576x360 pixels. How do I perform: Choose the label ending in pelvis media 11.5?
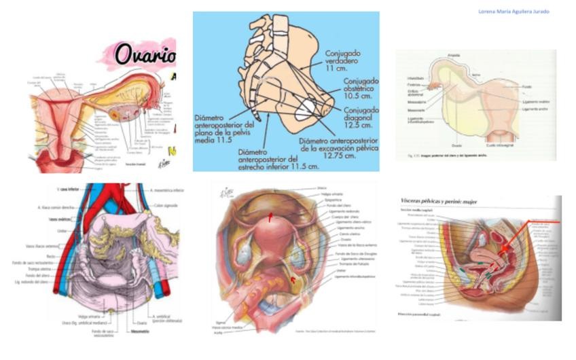(x=225, y=128)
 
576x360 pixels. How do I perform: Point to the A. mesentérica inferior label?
(x=162, y=190)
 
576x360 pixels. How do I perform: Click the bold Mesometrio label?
(x=139, y=332)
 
